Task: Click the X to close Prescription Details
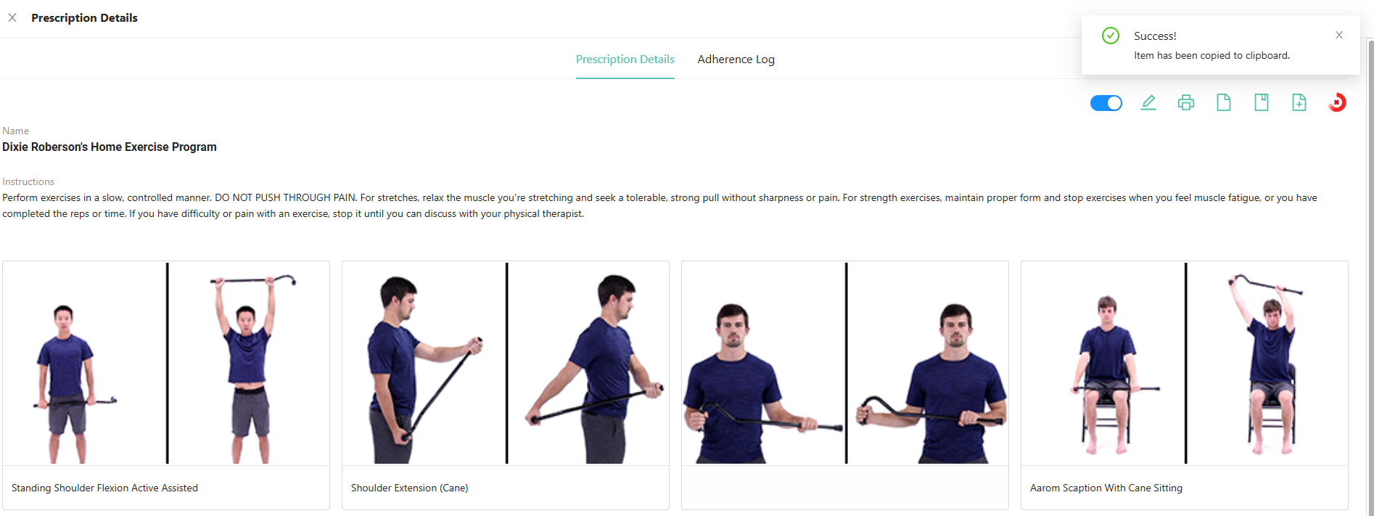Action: tap(12, 17)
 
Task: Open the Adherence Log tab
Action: tap(736, 60)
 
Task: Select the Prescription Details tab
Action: tap(625, 60)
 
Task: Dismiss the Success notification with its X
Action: tap(1339, 35)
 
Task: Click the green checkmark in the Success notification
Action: tap(1111, 36)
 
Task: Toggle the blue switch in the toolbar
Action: tap(1106, 103)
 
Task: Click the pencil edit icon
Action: tap(1148, 102)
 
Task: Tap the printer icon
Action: tap(1186, 102)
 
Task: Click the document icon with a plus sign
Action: tap(1299, 102)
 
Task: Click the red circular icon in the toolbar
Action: tap(1337, 102)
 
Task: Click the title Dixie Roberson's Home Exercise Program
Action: tap(110, 147)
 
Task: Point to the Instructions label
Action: tap(28, 181)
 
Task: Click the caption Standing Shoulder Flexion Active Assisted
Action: tap(104, 488)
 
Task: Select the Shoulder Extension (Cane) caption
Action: tap(410, 488)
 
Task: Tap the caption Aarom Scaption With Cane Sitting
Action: tap(1106, 488)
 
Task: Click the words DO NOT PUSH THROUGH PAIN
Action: tap(285, 197)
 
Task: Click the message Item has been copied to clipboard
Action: tap(1212, 55)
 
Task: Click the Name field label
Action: tap(16, 131)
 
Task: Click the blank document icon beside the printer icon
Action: tap(1224, 102)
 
